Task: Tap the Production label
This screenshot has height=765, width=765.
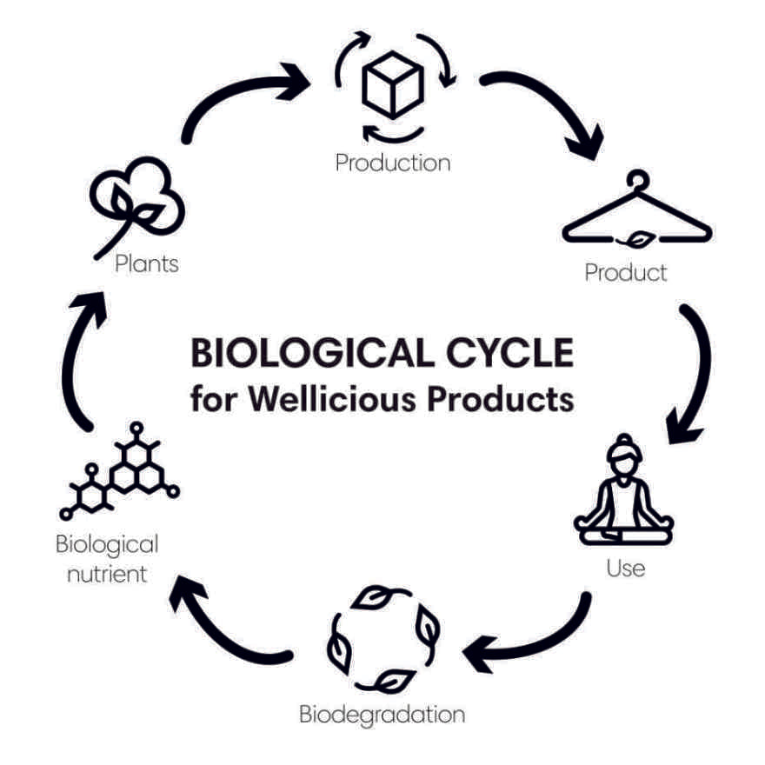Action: [x=393, y=163]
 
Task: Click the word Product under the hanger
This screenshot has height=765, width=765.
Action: [x=626, y=273]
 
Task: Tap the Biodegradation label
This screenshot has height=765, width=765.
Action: [x=382, y=715]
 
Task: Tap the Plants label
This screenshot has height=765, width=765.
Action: [x=147, y=263]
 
